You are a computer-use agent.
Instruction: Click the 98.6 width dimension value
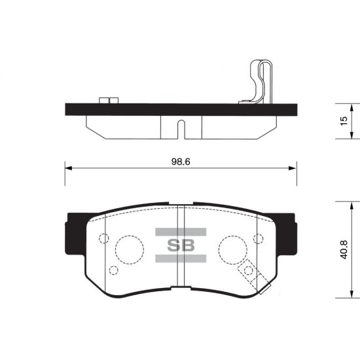pos(181,162)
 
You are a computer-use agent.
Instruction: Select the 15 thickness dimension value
pos(344,121)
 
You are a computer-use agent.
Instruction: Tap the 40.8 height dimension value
pos(344,249)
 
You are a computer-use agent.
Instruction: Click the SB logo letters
pos(181,245)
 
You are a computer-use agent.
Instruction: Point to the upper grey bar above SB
pos(181,232)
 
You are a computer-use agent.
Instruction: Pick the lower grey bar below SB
pos(181,259)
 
